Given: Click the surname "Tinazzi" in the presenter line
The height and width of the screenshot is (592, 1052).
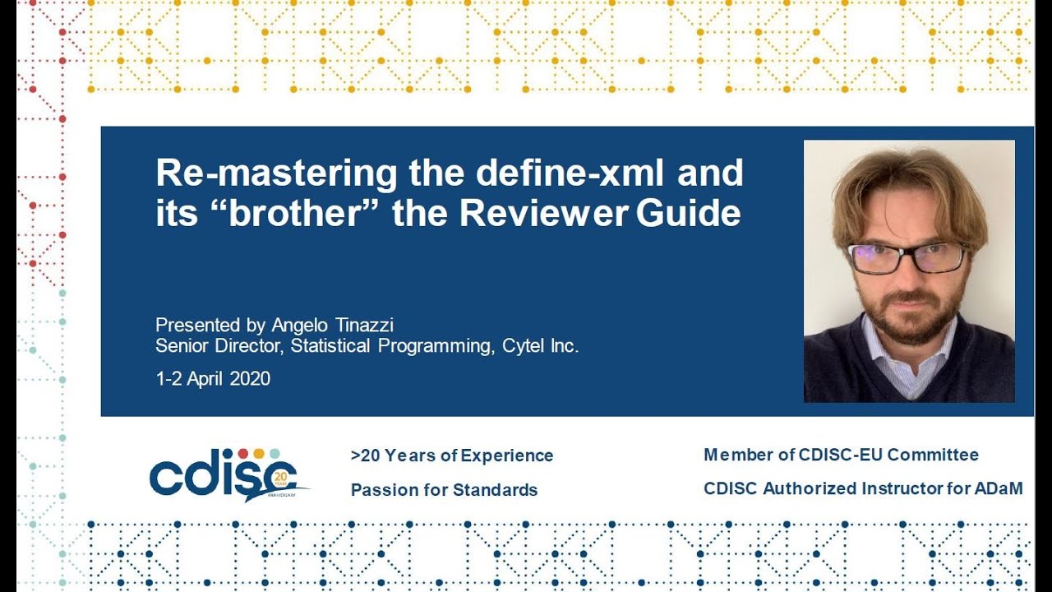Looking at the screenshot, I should (x=362, y=325).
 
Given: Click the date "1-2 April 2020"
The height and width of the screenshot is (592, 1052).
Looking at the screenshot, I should (x=213, y=379).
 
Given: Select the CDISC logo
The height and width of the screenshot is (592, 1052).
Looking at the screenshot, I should (x=227, y=474).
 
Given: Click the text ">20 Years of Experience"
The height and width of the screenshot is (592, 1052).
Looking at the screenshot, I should (x=452, y=456).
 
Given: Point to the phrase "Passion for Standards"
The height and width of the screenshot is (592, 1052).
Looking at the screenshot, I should (x=444, y=490).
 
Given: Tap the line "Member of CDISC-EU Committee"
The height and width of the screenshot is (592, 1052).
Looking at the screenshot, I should (x=841, y=455).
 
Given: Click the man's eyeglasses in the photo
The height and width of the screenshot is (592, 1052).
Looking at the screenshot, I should (x=907, y=258).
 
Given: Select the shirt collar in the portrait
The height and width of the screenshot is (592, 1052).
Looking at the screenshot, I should (x=904, y=362).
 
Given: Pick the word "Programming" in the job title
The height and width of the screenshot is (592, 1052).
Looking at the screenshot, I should (x=436, y=346).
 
